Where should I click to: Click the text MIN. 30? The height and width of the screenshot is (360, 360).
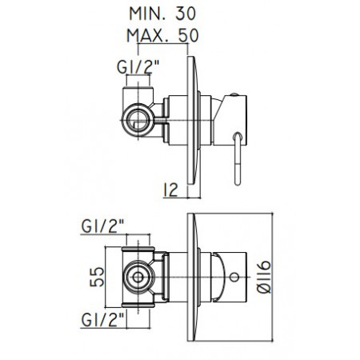163,14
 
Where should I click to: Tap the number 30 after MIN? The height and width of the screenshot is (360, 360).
189,14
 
